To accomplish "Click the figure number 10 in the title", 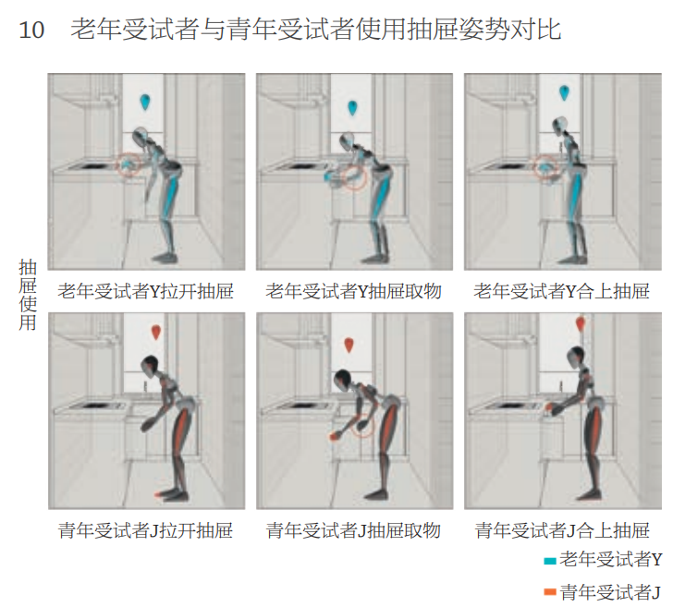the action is pyautogui.click(x=31, y=30).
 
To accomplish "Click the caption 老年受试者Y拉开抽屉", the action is pyautogui.click(x=145, y=292).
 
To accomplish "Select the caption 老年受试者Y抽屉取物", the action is pyautogui.click(x=353, y=292).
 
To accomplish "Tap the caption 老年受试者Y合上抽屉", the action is pyautogui.click(x=561, y=292).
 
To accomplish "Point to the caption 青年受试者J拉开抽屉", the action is pyautogui.click(x=145, y=530).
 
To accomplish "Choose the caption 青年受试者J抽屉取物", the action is pyautogui.click(x=353, y=530).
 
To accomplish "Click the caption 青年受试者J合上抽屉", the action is pyautogui.click(x=562, y=530).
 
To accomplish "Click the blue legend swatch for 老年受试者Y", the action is pyautogui.click(x=550, y=561).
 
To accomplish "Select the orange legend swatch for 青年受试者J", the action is pyautogui.click(x=550, y=592).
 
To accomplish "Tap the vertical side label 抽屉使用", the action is pyautogui.click(x=28, y=295).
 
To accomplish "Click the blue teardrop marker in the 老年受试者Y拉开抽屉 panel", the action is pyautogui.click(x=145, y=103).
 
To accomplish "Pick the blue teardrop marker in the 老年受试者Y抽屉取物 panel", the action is pyautogui.click(x=352, y=108).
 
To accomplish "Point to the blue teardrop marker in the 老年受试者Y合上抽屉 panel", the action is pyautogui.click(x=564, y=93).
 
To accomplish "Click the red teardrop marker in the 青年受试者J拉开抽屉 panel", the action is pyautogui.click(x=156, y=333).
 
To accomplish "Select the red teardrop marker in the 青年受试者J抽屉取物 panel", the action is pyautogui.click(x=349, y=345).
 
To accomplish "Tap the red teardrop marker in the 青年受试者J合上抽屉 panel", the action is pyautogui.click(x=581, y=324).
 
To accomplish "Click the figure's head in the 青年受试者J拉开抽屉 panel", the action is pyautogui.click(x=150, y=364).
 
